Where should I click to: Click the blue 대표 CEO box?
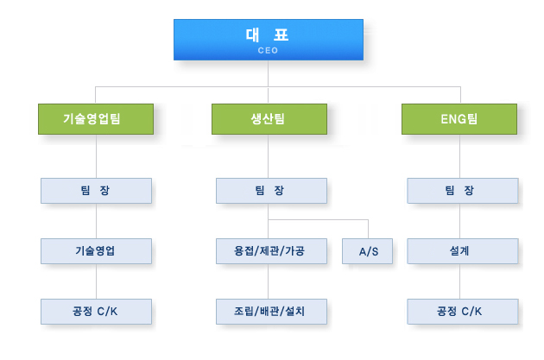point(269,40)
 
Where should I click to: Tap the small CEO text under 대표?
point(268,51)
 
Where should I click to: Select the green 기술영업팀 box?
point(96,119)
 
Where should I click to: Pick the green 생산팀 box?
point(269,119)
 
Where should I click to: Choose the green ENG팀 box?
point(459,119)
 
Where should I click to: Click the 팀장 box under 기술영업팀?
point(96,191)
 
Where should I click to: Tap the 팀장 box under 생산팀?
point(271,191)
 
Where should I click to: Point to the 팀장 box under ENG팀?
point(463,191)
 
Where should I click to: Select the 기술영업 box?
point(96,251)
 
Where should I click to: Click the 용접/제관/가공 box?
point(271,251)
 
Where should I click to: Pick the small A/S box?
point(367,251)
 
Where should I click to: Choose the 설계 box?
point(463,251)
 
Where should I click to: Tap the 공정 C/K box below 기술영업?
point(96,312)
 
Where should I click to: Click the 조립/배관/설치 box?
point(271,312)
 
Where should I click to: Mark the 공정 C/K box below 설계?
point(463,312)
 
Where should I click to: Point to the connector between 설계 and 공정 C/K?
point(460,281)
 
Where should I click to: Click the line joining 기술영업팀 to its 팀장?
point(96,156)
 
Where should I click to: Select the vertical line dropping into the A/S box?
point(368,229)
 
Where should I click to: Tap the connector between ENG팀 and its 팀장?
point(460,156)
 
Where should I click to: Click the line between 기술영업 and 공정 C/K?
point(96,281)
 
